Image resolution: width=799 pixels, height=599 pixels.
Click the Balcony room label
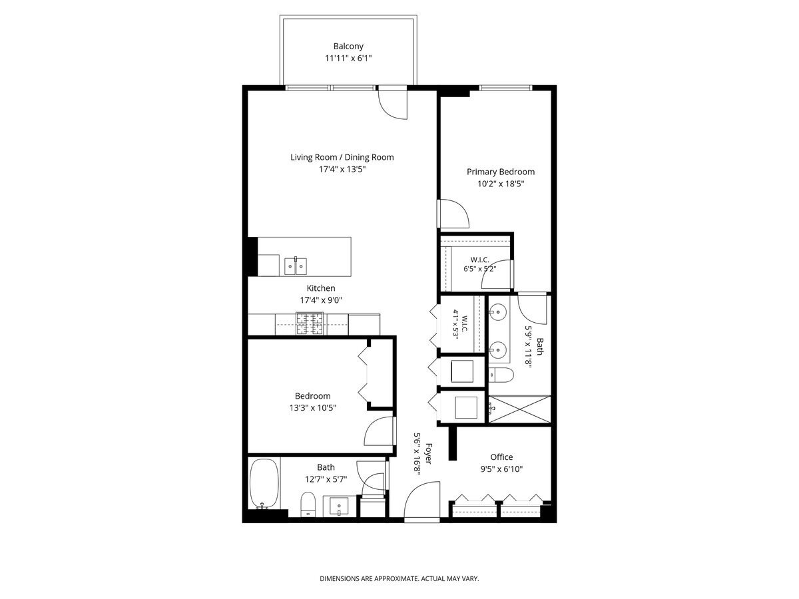pyautogui.click(x=348, y=46)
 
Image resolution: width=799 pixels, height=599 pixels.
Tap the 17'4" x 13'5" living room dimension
pyautogui.click(x=342, y=169)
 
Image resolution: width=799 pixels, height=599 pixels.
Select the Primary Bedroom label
pyautogui.click(x=501, y=172)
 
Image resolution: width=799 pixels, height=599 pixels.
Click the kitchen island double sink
pyautogui.click(x=295, y=266)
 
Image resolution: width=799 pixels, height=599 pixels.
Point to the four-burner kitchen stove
pyautogui.click(x=310, y=323)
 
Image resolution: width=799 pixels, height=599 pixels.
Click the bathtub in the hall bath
pyautogui.click(x=264, y=484)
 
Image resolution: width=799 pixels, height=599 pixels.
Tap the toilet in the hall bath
pyautogui.click(x=308, y=504)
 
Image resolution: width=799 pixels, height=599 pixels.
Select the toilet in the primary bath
pyautogui.click(x=501, y=375)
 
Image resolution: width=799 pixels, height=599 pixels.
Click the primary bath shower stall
pyautogui.click(x=519, y=409)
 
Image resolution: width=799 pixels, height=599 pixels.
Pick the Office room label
pyautogui.click(x=501, y=457)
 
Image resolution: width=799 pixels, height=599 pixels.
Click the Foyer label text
pyautogui.click(x=428, y=453)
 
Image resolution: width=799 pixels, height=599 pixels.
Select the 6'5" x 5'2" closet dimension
pyautogui.click(x=480, y=269)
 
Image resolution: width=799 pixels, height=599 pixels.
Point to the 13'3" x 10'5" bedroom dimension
pyautogui.click(x=312, y=408)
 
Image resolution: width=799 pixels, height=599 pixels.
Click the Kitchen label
pyautogui.click(x=321, y=288)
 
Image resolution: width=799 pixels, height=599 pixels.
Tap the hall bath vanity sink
pyautogui.click(x=339, y=506)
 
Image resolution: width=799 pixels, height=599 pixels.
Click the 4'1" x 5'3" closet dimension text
pyautogui.click(x=455, y=324)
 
